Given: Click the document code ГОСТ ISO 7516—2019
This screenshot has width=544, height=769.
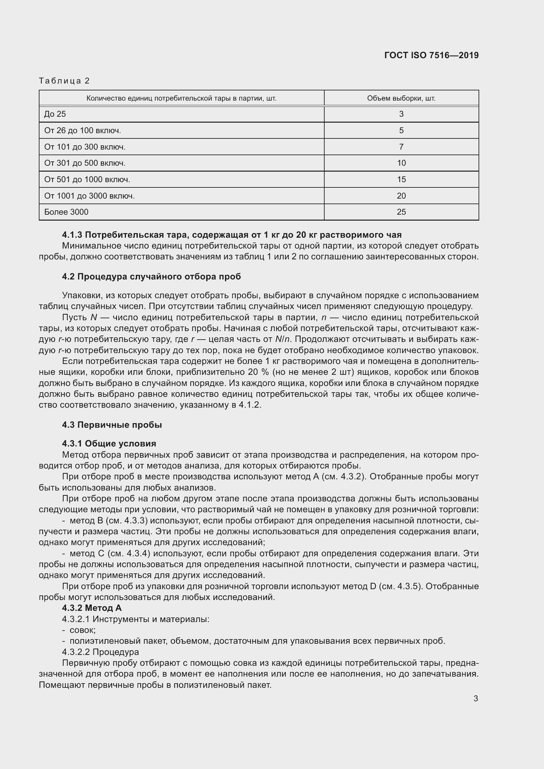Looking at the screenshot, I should [432, 55].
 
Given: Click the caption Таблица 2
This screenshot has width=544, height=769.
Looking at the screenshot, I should [64, 81].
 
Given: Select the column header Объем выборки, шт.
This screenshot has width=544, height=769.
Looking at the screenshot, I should [401, 99].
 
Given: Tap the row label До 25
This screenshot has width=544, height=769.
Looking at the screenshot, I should [55, 114].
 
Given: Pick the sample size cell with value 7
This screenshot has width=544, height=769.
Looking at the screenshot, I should [401, 147].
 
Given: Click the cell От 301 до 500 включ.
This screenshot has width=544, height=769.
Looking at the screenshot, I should [85, 163].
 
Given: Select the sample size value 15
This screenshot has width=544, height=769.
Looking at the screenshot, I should [401, 180].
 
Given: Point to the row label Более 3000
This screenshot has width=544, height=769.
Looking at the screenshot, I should [66, 212].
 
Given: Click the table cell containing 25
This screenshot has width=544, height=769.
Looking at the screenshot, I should [401, 212].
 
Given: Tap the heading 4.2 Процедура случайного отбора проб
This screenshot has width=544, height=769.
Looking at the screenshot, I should [151, 276].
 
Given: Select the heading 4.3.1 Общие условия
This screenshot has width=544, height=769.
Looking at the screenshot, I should [109, 444].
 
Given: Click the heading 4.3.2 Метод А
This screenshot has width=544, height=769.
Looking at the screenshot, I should [92, 608].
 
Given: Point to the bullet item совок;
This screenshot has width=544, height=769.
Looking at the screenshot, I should [83, 630].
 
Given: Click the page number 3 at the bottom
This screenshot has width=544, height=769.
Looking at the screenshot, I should [475, 699].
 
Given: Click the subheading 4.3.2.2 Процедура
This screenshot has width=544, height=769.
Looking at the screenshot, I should [100, 652].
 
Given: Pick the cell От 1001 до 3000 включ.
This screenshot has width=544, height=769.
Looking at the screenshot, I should [89, 196].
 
